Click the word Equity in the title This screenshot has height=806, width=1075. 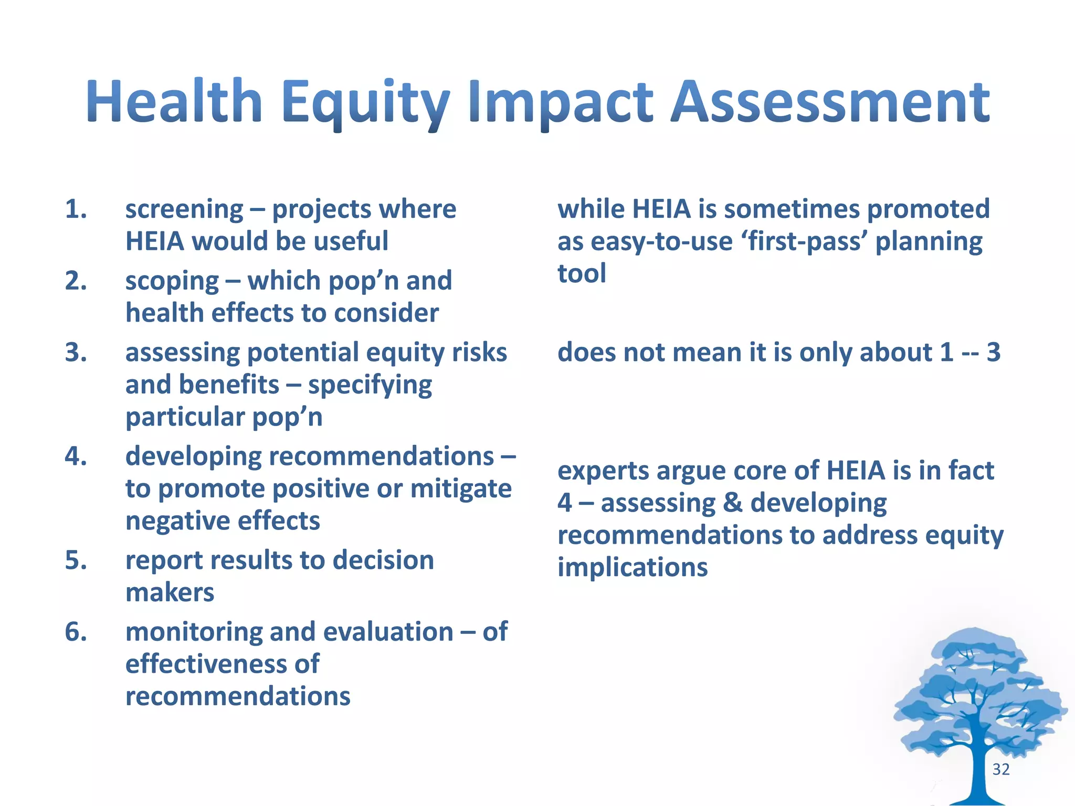pyautogui.click(x=365, y=102)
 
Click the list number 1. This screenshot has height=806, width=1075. pyautogui.click(x=76, y=209)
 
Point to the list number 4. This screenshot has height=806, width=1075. pyautogui.click(x=76, y=457)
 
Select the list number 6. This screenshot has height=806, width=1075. pyautogui.click(x=76, y=632)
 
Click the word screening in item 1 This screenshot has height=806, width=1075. pyautogui.click(x=184, y=210)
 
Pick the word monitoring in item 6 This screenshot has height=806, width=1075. pyautogui.click(x=194, y=632)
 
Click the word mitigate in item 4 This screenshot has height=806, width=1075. pyautogui.click(x=460, y=489)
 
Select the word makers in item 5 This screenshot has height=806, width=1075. pyautogui.click(x=170, y=593)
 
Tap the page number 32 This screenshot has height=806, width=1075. pyautogui.click(x=1001, y=769)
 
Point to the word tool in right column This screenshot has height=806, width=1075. pyautogui.click(x=582, y=274)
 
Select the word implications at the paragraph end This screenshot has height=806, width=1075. pyautogui.click(x=632, y=568)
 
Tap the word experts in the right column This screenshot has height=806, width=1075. pyautogui.click(x=602, y=471)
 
